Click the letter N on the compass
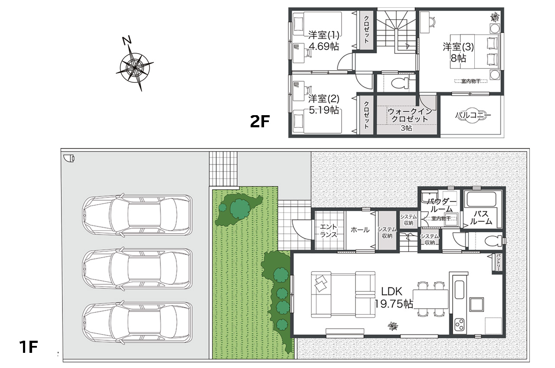(127, 41)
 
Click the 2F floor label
(260, 121)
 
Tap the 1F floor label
(29, 347)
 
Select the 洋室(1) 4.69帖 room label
(323, 41)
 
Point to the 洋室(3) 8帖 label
(458, 52)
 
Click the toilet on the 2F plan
(400, 83)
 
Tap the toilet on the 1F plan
(493, 241)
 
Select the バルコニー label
(473, 115)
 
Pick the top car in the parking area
(137, 215)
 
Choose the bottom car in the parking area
(137, 322)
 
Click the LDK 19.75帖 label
(393, 298)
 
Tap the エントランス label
(329, 230)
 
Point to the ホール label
(360, 230)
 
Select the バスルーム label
(481, 217)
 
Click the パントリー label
(498, 263)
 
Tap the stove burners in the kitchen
(459, 325)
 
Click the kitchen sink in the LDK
(460, 290)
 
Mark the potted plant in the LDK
(393, 326)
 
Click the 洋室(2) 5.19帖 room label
(323, 104)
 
